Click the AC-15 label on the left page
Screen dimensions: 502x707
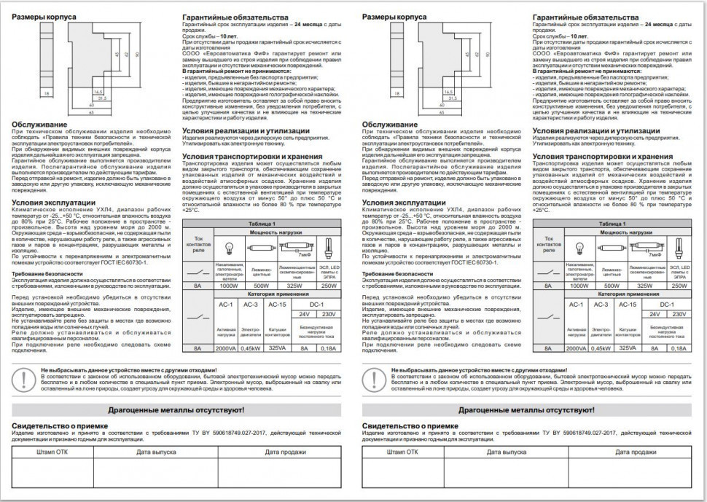coord(278,304)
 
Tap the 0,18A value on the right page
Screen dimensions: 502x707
coord(679,349)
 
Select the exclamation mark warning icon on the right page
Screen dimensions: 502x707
coord(372,379)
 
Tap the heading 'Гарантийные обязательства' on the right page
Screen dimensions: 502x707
coord(586,17)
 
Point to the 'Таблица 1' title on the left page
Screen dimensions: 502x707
coord(261,224)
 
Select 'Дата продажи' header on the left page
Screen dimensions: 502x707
coord(285,452)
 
